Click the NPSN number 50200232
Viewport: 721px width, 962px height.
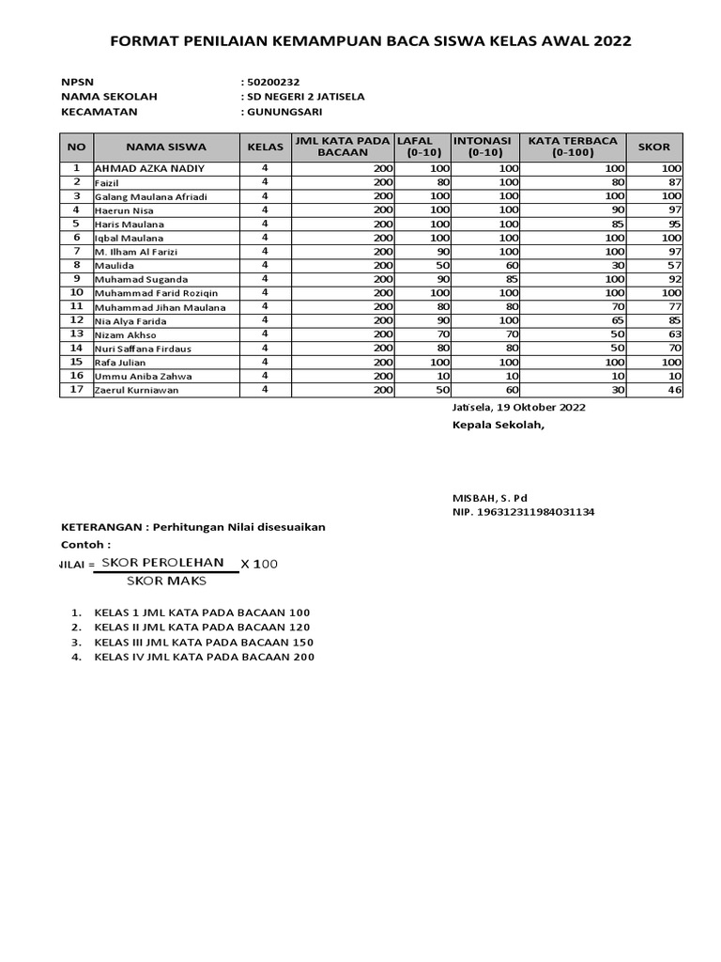[273, 82]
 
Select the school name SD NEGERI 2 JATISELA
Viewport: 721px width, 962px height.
[305, 96]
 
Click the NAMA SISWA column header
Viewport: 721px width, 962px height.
[166, 147]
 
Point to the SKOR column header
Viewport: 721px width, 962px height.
[654, 147]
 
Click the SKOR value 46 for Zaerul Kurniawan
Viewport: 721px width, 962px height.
[674, 390]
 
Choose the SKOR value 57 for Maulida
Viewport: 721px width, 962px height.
[674, 265]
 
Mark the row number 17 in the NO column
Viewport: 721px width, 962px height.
[77, 389]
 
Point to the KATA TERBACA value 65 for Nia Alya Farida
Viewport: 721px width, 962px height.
[616, 320]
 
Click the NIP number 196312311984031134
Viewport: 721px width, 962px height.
[523, 512]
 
